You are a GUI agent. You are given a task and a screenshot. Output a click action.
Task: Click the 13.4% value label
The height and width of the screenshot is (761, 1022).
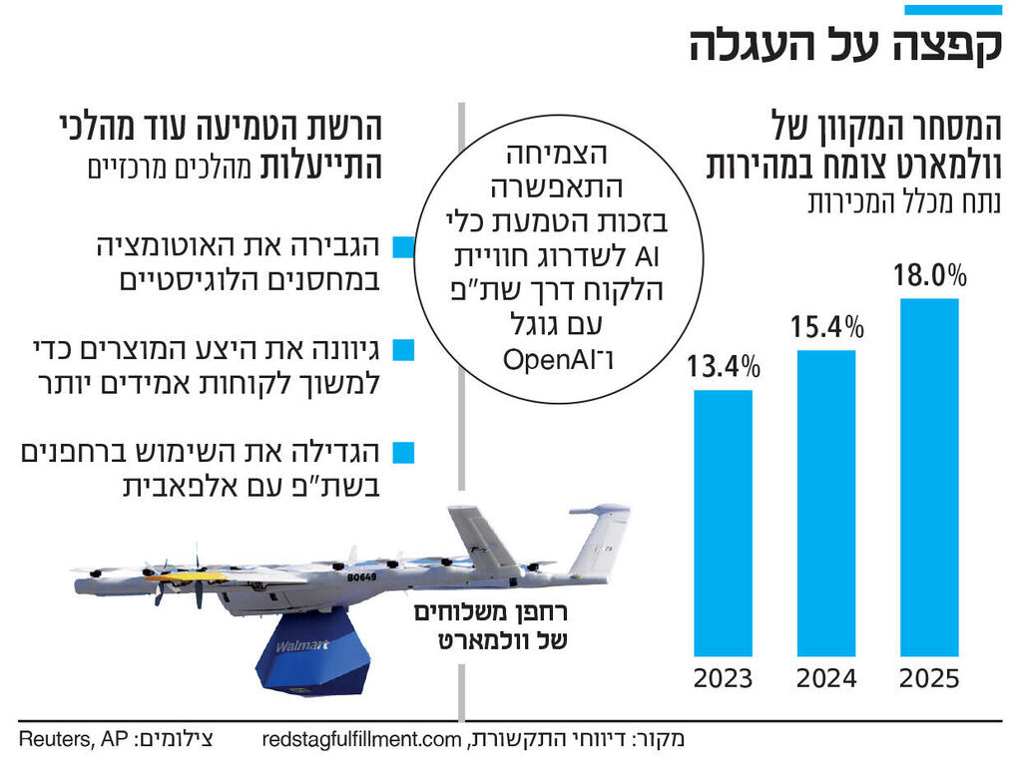tap(724, 366)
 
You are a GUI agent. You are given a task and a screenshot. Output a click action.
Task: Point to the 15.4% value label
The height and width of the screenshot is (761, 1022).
tap(826, 325)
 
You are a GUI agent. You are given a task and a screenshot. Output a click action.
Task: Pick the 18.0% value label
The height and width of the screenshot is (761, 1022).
tap(929, 273)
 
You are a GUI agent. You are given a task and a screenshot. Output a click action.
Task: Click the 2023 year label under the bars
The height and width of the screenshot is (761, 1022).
tap(724, 679)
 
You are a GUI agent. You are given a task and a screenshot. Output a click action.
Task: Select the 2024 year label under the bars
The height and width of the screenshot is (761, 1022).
tap(826, 679)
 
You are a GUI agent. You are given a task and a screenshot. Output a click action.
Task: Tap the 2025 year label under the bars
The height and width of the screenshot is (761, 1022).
tap(929, 679)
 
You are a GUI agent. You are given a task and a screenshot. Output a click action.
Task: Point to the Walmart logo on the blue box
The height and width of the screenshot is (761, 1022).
tap(301, 646)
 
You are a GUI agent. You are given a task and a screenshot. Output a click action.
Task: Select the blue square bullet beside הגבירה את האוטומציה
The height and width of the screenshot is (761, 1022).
tap(402, 246)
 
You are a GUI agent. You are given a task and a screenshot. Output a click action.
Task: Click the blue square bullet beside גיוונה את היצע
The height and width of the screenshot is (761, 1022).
tap(402, 349)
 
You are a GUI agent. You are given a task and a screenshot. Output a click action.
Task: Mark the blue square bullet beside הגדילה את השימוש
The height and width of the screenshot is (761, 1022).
tap(402, 453)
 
